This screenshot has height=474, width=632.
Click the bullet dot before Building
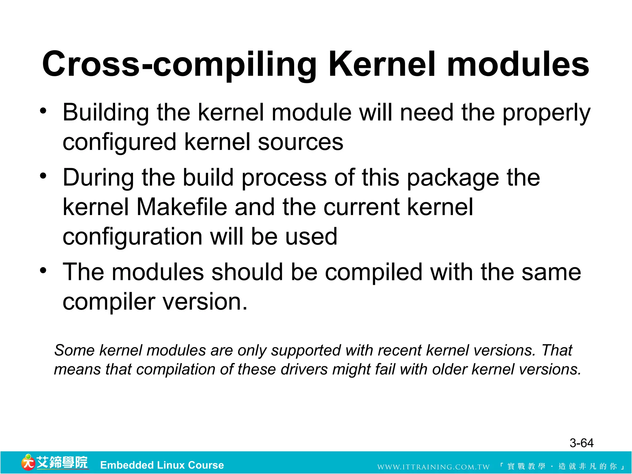[x=43, y=111]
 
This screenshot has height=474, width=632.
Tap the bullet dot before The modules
[x=43, y=271]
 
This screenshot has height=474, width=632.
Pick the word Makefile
[x=182, y=207]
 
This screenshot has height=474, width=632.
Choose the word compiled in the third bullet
[x=373, y=272]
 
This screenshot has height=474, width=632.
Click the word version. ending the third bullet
[x=205, y=302]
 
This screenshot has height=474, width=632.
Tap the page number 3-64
[x=581, y=443]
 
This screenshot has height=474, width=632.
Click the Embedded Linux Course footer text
[x=162, y=465]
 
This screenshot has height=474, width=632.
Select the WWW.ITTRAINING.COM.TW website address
[x=433, y=467]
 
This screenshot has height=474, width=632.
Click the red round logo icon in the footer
[x=28, y=463]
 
